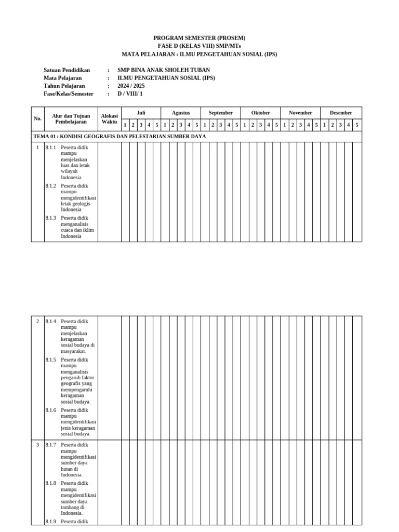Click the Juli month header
141,113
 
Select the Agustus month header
181,113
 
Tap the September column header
221,113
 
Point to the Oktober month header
261,113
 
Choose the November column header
300,113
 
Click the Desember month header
341,113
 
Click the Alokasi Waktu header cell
110,118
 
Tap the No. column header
37,118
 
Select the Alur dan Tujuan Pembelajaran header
71,118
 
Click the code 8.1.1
50,148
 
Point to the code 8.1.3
50,218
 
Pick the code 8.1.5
50,360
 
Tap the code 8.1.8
50,483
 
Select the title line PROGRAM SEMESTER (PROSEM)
199,38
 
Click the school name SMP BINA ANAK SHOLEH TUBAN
164,70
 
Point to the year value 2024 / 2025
131,86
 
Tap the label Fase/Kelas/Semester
69,94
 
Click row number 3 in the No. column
37,445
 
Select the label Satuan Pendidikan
67,70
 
